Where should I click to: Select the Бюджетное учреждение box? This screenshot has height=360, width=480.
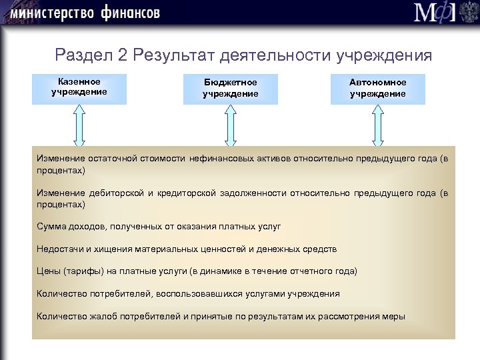point(230,88)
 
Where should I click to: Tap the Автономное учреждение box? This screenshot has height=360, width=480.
point(377,88)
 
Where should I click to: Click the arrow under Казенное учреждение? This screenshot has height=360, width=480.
point(79,125)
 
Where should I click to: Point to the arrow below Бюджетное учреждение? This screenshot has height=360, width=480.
point(231,125)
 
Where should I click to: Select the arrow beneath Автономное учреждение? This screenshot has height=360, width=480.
point(378,125)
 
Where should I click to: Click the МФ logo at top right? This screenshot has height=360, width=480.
point(436,13)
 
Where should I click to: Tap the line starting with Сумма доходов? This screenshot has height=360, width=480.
point(159,227)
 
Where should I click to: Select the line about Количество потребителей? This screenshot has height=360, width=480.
point(188,293)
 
